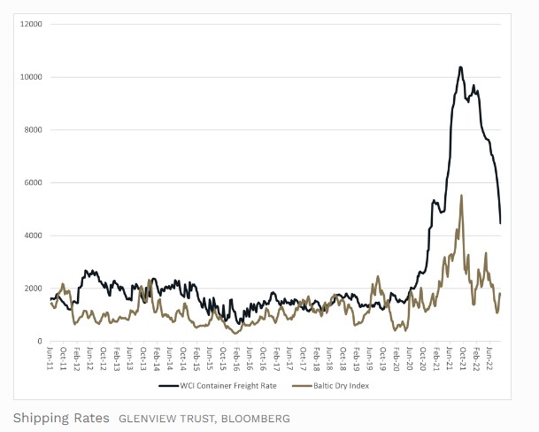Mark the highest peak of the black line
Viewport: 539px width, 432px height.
pyautogui.click(x=460, y=66)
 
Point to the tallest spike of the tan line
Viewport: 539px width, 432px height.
pyautogui.click(x=461, y=196)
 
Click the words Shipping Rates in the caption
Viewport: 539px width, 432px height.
pyautogui.click(x=61, y=418)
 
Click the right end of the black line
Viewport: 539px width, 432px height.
pyautogui.click(x=501, y=222)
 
